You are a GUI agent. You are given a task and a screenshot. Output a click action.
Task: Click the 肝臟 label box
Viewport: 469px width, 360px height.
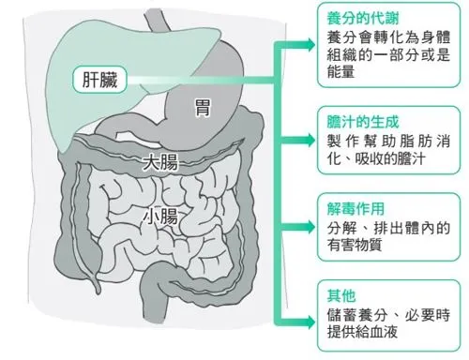pos(98,79)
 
